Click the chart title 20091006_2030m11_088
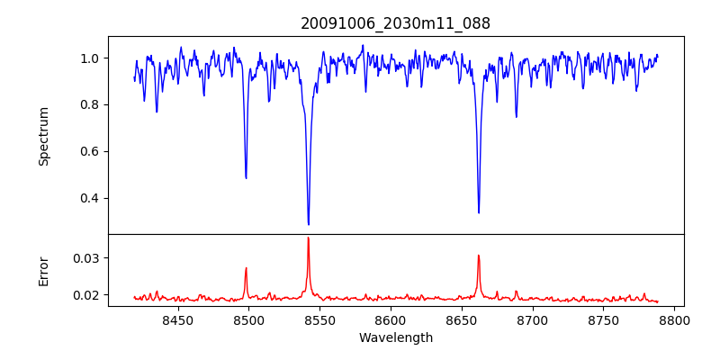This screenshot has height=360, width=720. (395, 23)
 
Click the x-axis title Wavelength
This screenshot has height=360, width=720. (395, 338)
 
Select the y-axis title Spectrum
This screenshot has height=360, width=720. (43, 136)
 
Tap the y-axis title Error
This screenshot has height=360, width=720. (43, 270)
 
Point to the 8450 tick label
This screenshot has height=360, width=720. (177, 319)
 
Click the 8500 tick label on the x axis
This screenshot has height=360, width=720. (248, 319)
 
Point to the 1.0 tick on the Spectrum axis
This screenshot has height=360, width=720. (90, 58)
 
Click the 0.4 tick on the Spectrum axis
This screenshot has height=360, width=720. (90, 198)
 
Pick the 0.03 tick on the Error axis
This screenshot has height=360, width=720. (85, 258)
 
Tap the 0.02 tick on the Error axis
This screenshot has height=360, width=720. (85, 295)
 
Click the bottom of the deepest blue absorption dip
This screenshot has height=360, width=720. (308, 224)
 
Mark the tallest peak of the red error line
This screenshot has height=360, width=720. (308, 238)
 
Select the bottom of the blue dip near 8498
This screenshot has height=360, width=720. (246, 178)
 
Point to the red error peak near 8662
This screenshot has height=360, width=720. (478, 256)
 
